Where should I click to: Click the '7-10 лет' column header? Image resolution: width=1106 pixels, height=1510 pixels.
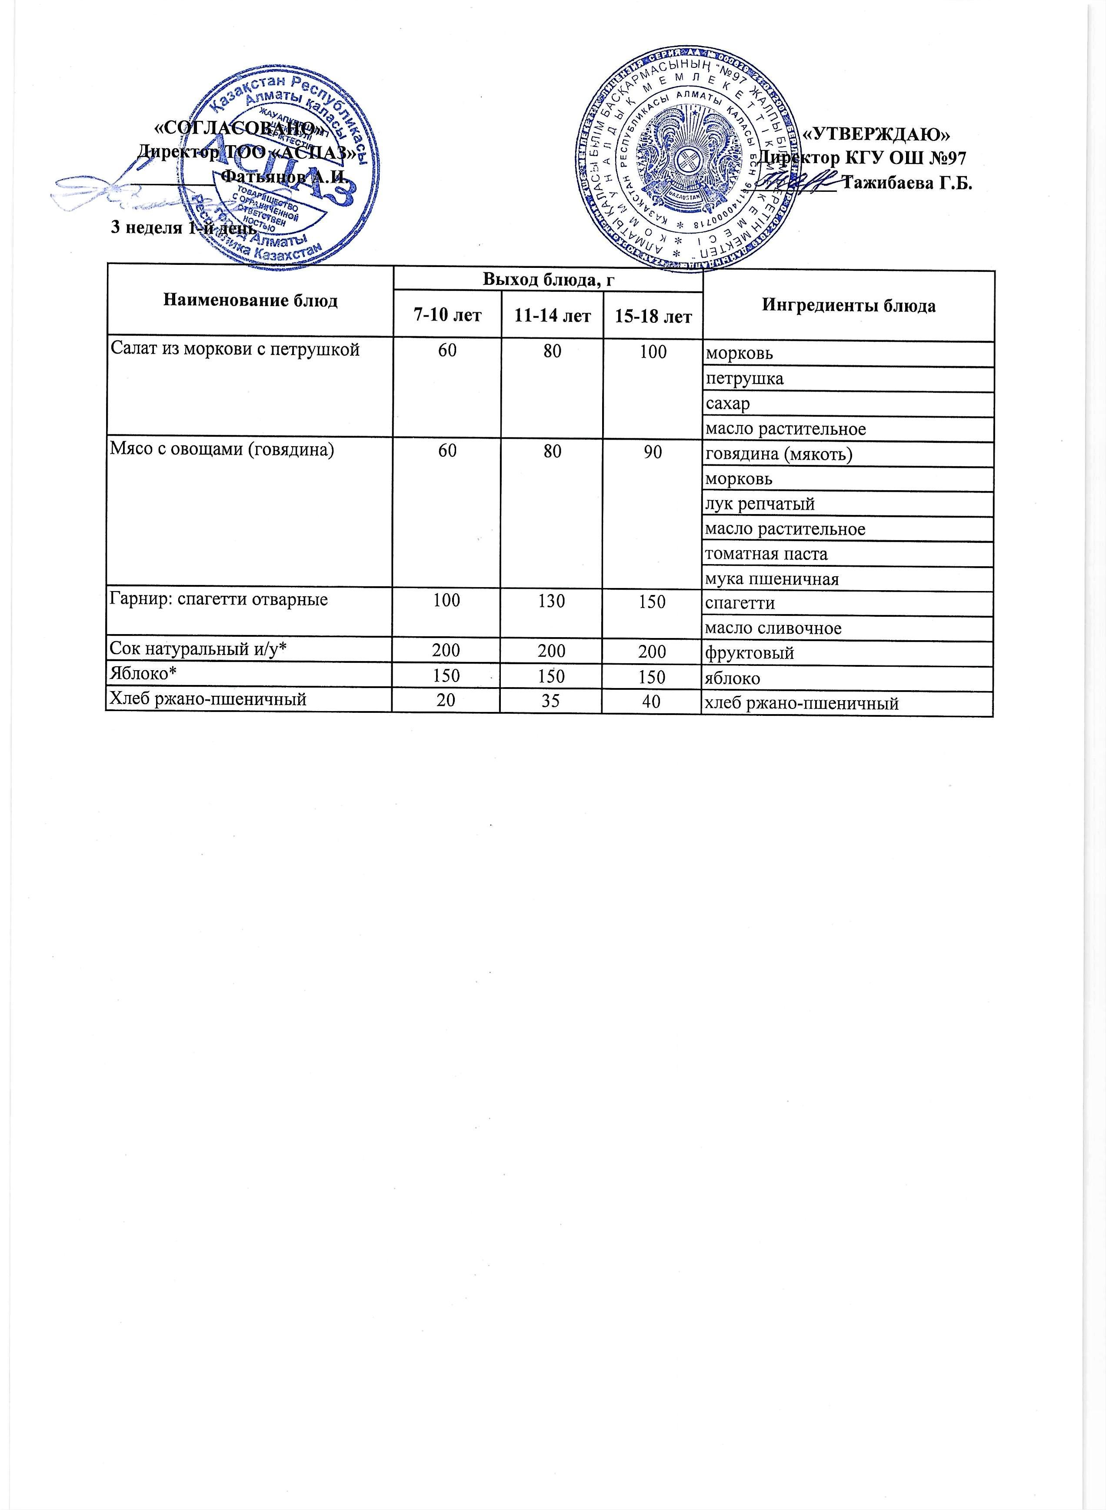pos(447,315)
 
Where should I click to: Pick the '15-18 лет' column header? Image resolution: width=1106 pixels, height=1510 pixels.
pos(653,316)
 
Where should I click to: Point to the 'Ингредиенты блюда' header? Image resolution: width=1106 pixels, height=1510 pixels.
pos(848,306)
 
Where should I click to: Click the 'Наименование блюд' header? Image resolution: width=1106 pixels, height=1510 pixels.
pos(250,301)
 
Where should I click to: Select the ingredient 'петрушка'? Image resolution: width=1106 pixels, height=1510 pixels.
pos(744,379)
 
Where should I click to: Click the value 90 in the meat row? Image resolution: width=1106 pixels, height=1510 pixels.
pos(652,452)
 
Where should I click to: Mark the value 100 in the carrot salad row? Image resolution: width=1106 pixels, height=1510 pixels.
pos(652,351)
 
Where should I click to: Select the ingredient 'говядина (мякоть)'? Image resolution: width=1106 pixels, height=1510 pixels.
pos(779,454)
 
